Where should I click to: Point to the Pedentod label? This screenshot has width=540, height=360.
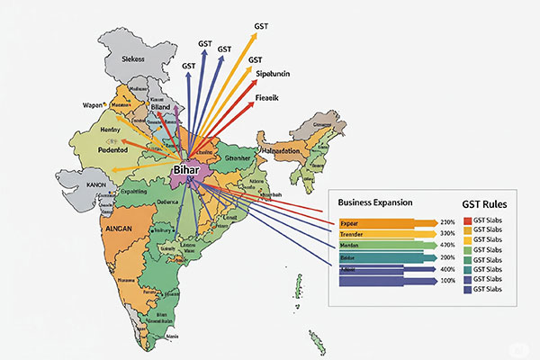pyautogui.click(x=103, y=150)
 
